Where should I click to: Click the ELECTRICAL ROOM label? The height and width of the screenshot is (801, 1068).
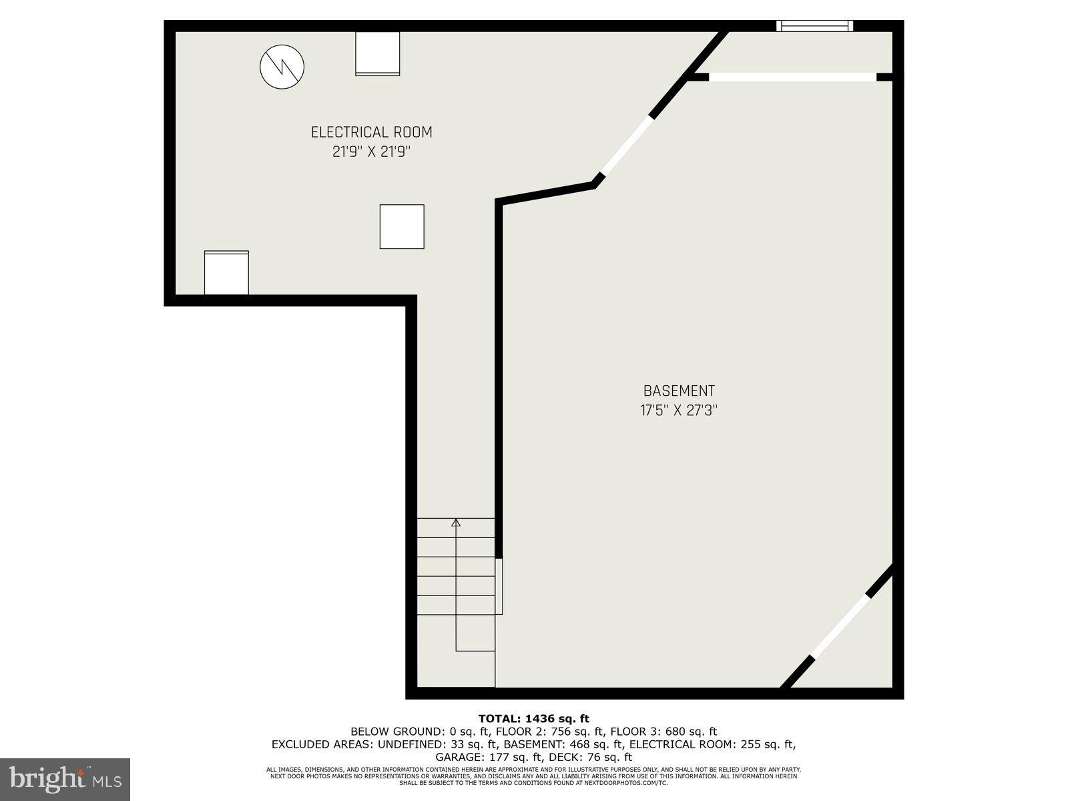(x=371, y=132)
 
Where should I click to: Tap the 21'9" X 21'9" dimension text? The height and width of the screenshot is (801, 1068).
(x=371, y=152)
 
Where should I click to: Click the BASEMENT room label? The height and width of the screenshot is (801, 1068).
(x=679, y=391)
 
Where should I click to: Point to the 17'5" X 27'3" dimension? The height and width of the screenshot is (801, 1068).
(x=679, y=410)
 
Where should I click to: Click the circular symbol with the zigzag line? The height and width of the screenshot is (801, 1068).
(x=282, y=67)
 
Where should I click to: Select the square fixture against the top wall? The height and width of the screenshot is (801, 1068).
(x=377, y=53)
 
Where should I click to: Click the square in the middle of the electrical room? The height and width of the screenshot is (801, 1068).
(x=402, y=227)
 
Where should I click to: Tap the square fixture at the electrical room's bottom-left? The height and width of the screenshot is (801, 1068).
(x=226, y=272)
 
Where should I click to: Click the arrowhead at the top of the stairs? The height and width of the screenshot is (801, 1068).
(x=456, y=523)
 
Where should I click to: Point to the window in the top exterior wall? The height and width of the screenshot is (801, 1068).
(x=814, y=26)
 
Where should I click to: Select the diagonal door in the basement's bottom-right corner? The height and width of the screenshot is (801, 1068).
(x=841, y=626)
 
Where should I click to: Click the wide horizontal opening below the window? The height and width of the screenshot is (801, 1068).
(x=792, y=77)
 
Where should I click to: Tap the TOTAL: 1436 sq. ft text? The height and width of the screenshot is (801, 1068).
(x=534, y=719)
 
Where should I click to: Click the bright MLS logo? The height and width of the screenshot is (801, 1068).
(x=65, y=779)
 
